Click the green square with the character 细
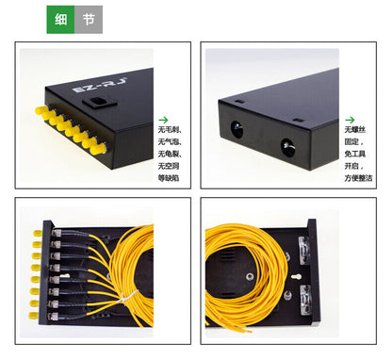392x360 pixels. pyautogui.click(x=60, y=19)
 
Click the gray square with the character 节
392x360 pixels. pyautogui.click(x=89, y=19)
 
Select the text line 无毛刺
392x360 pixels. pyautogui.click(x=169, y=130)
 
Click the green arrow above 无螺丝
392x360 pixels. pyautogui.click(x=350, y=120)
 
